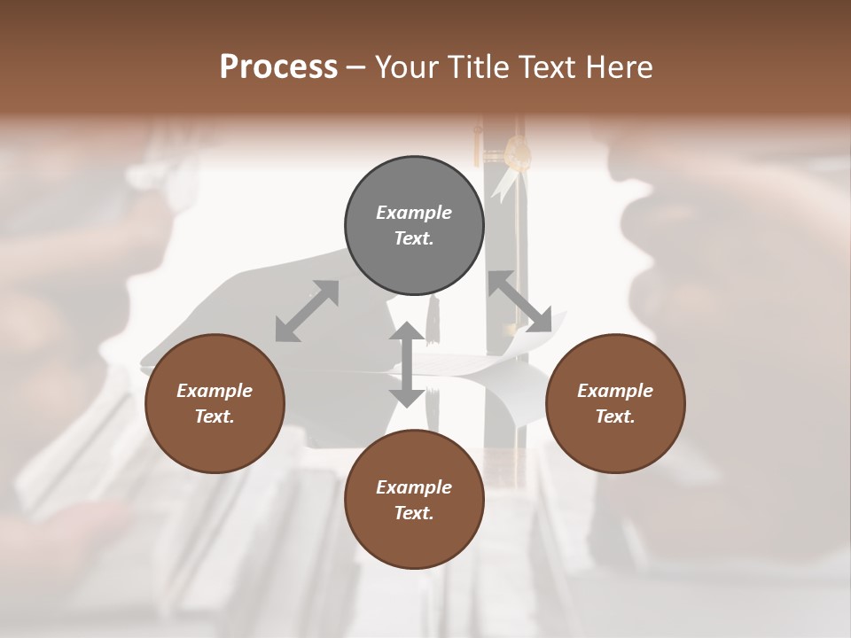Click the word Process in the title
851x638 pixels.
click(x=278, y=67)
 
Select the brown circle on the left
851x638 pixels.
click(x=215, y=403)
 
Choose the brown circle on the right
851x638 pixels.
click(x=615, y=403)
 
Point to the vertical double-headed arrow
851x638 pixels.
click(x=407, y=365)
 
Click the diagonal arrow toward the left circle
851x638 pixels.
click(x=307, y=311)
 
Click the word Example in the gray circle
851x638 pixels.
click(x=414, y=213)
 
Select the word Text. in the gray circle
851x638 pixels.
click(x=414, y=238)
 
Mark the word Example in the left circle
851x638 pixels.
click(x=215, y=391)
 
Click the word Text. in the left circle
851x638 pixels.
click(x=215, y=416)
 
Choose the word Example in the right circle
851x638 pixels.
click(x=615, y=391)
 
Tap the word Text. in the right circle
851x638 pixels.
click(x=615, y=416)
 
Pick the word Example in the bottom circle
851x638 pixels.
click(x=414, y=487)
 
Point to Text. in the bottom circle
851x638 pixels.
click(x=414, y=513)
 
